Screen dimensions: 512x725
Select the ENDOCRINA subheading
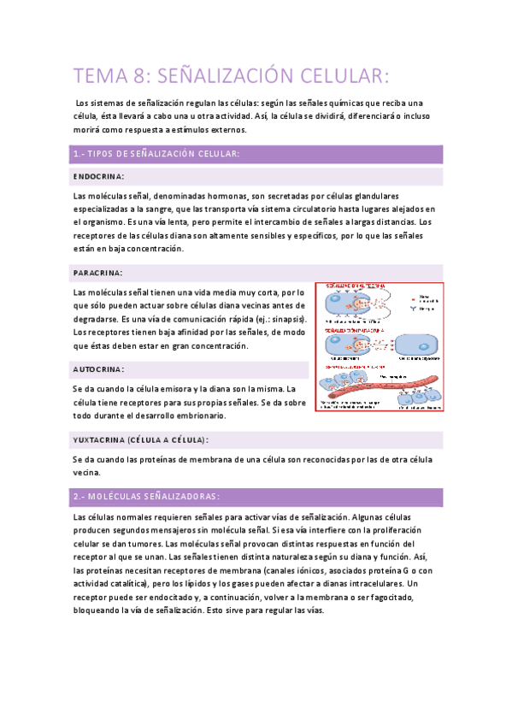tap(99, 176)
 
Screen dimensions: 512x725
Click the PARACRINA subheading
tap(98, 272)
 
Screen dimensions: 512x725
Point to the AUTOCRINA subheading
tap(99, 369)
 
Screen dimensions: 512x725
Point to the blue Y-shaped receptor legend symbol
tap(410, 309)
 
